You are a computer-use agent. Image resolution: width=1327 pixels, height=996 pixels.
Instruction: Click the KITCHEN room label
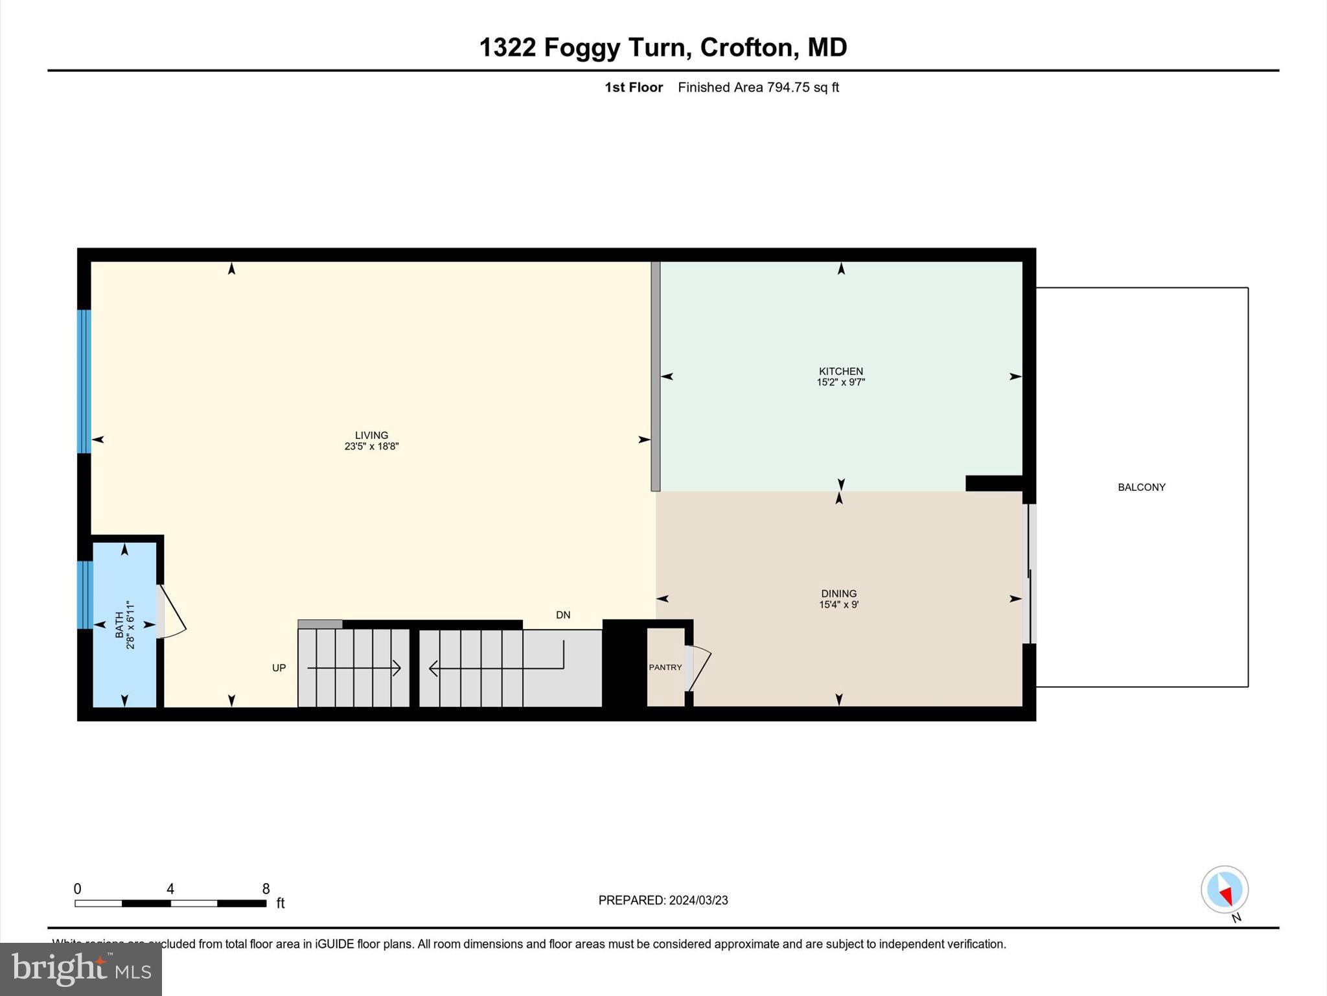pos(840,371)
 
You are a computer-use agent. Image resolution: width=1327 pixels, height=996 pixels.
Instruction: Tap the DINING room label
pos(838,593)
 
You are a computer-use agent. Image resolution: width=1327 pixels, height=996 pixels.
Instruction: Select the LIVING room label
pos(371,435)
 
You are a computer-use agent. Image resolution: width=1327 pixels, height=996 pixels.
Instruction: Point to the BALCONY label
pos(1141,487)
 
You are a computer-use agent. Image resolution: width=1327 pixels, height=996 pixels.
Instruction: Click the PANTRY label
pos(665,667)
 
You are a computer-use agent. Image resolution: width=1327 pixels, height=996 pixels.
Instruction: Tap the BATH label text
pos(119,624)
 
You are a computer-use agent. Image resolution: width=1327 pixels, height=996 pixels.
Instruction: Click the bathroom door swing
pos(172,613)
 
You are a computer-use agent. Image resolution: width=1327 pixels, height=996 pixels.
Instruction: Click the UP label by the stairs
pos(279,667)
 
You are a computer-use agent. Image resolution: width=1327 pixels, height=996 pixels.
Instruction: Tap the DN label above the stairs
pos(562,615)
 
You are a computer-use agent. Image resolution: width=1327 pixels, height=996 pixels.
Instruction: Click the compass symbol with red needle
pos(1224,890)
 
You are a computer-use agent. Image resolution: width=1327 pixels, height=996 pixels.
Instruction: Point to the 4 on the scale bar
pos(170,888)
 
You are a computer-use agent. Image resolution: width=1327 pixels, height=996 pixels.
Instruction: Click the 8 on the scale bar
pos(266,888)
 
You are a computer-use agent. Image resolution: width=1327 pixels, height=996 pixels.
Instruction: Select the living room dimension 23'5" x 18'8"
pos(371,446)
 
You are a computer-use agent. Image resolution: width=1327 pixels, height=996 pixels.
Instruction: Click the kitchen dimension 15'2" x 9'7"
pos(840,382)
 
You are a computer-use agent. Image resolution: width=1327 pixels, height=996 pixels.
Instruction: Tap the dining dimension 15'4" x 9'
pos(838,604)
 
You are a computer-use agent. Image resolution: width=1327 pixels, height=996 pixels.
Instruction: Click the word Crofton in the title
pos(746,47)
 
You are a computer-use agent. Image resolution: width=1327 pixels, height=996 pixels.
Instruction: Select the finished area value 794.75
pos(789,87)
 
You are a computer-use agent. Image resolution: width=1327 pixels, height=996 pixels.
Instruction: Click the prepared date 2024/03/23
pos(698,900)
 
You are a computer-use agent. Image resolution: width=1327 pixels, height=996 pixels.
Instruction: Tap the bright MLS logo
pos(81,969)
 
